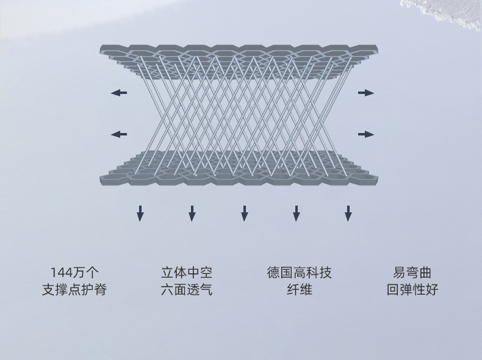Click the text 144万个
coord(74,273)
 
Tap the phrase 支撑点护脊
coord(74,290)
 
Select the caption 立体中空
coord(187,273)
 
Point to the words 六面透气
coord(187,290)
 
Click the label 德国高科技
coord(299,273)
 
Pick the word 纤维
coord(299,290)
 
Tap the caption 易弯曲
coord(412,273)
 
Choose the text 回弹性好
coord(412,290)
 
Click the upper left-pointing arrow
coord(119,93)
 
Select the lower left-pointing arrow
coord(119,134)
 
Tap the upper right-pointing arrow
coord(365,93)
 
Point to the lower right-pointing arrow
coord(365,134)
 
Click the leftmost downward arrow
coord(140,213)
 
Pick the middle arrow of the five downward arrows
coord(245,213)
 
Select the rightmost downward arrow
coord(348,213)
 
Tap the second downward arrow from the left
coord(192,213)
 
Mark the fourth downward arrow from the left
coord(297,213)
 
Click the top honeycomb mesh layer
coord(238,51)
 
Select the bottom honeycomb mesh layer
coord(238,174)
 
